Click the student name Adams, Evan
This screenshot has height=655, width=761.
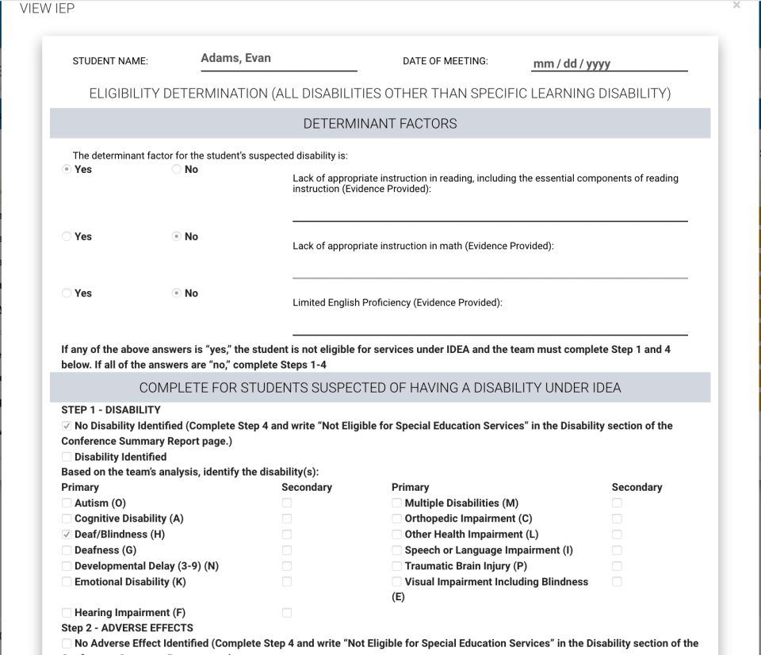(x=235, y=59)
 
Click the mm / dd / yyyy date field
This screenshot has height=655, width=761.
(x=572, y=64)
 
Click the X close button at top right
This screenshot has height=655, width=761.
(x=736, y=6)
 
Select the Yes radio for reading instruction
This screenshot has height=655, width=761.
(x=67, y=170)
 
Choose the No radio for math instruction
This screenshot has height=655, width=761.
(x=177, y=237)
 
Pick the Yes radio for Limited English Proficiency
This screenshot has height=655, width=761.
(x=67, y=293)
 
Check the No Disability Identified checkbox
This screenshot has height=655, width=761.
(x=67, y=426)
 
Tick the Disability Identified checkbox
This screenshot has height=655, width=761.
(x=67, y=457)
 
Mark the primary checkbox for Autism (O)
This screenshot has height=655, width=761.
(x=67, y=504)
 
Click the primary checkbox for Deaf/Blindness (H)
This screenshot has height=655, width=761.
(x=67, y=534)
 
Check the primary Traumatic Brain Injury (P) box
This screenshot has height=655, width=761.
(x=397, y=566)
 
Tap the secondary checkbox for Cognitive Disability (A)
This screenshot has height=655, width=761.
(x=287, y=519)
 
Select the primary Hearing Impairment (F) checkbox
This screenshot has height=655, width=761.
(x=67, y=613)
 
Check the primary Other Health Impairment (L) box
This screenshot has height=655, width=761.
(x=397, y=534)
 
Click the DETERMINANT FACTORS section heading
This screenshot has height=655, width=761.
(x=380, y=124)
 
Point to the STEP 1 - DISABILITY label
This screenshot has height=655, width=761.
(x=111, y=410)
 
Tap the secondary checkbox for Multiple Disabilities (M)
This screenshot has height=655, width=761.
(x=617, y=504)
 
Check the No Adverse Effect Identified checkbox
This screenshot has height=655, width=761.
(x=67, y=643)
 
